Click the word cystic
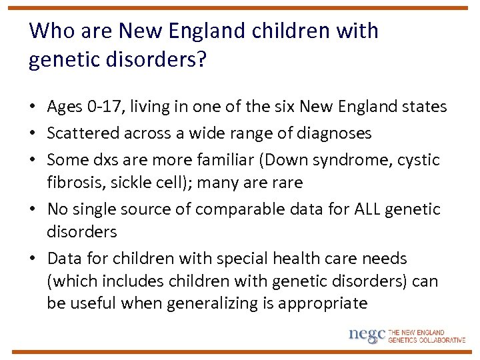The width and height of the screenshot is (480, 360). tap(417, 160)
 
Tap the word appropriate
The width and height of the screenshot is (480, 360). tap(323, 303)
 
